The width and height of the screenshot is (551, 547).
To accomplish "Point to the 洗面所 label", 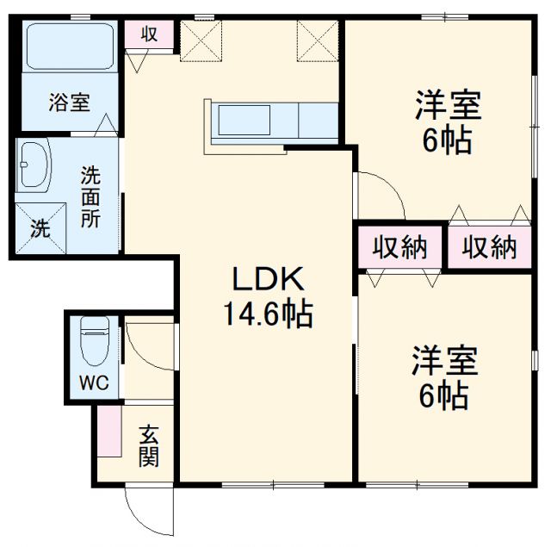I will (90, 196).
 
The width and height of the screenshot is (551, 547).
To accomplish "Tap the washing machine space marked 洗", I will (40, 229).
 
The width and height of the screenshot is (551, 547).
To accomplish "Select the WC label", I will (95, 383).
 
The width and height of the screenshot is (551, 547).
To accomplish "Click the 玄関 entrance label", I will (148, 445).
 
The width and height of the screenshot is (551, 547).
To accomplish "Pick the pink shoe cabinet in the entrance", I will (108, 432).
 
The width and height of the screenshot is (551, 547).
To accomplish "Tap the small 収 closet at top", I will (149, 34).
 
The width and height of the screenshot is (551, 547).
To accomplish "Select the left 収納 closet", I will (400, 248).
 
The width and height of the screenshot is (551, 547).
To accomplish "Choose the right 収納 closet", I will (491, 248).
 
